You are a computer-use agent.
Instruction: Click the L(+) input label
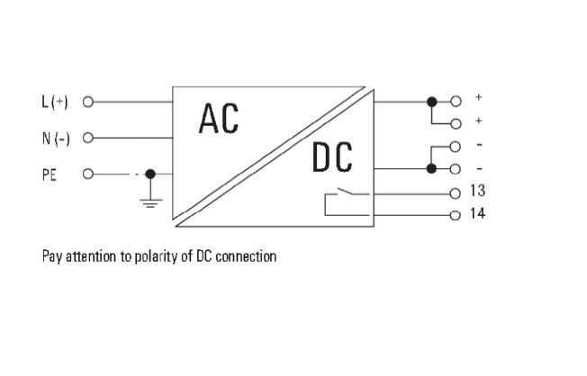coord(55,101)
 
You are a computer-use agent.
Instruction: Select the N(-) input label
coord(55,138)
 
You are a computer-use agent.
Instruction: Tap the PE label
coord(49,174)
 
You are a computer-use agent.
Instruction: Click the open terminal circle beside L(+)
coord(88,101)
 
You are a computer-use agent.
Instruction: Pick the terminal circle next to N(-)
coord(88,138)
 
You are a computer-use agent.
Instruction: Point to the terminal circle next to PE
coord(88,174)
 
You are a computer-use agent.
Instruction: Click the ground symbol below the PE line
coord(150,201)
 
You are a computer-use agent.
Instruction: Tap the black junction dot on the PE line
coord(150,174)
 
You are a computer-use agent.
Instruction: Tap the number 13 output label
coord(479,192)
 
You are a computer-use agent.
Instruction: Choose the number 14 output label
coord(479,214)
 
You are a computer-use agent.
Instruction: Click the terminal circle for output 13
coord(456,192)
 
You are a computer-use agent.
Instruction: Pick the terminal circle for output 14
coord(456,214)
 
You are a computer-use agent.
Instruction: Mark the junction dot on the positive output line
coord(432,101)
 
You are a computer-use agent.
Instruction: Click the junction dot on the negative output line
coord(432,168)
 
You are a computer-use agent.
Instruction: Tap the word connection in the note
coord(243,256)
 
